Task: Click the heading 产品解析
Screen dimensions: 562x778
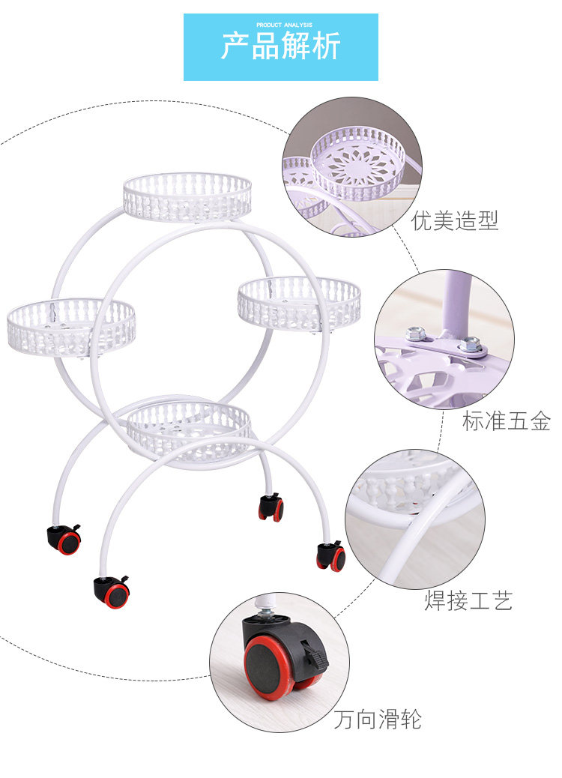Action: tap(280, 46)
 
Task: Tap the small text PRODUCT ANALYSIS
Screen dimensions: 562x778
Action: tap(280, 25)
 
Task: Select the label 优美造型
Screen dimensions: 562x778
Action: tap(455, 220)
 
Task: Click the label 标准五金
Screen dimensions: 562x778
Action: tap(506, 421)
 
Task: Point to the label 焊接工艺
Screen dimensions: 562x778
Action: tap(468, 600)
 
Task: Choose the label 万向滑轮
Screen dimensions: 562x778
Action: tap(378, 720)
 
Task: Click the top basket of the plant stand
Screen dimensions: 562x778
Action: tap(187, 196)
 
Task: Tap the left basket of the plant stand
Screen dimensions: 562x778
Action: tap(71, 327)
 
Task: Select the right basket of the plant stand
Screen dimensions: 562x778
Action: tap(299, 302)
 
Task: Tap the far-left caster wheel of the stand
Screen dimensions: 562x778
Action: tap(65, 540)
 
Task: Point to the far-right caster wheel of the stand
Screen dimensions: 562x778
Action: tap(331, 557)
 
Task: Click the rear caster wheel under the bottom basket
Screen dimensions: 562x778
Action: tap(271, 507)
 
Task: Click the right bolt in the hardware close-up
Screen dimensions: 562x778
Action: tap(469, 344)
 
